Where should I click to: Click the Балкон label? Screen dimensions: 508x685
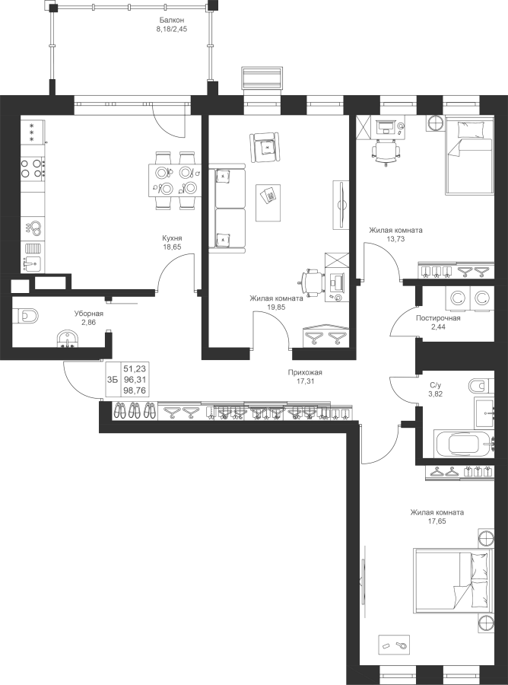172,20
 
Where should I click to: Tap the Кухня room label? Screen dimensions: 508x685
172,238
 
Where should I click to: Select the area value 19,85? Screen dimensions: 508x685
276,307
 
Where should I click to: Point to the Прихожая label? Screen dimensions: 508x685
305,372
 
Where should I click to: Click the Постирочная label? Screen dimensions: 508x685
438,318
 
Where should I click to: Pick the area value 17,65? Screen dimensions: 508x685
437,521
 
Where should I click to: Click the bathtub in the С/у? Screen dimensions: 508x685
465,444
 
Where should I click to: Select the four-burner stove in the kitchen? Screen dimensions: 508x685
33,167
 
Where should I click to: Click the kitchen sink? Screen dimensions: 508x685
32,264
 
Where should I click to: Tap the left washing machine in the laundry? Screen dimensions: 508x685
457,299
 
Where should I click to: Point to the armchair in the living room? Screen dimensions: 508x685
265,148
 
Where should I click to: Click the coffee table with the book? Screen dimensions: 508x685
268,202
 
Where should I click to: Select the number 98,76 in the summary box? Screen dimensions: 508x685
135,390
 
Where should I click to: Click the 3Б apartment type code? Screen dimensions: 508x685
112,380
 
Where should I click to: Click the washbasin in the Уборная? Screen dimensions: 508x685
68,339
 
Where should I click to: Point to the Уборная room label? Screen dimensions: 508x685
88,314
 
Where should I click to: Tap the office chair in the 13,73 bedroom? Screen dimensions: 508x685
386,152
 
